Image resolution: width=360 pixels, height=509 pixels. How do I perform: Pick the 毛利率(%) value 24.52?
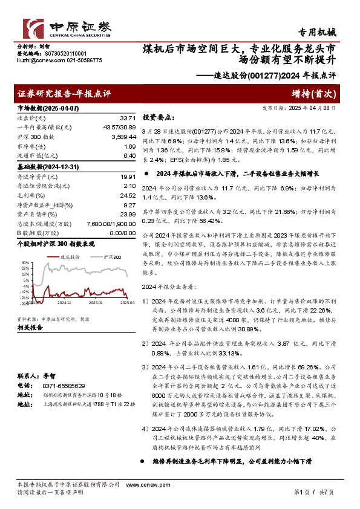point(127,195)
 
